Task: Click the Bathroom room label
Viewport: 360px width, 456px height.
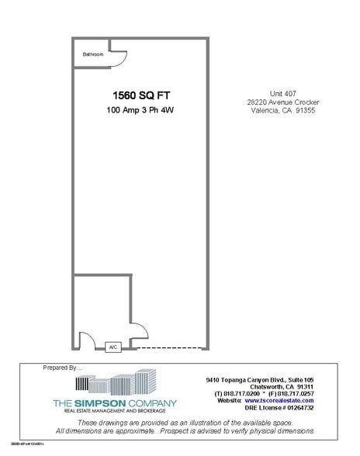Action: click(94, 54)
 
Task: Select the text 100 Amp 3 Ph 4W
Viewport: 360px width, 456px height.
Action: click(139, 112)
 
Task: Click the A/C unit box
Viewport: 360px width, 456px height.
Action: click(112, 347)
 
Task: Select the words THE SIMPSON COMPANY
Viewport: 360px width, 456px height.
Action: click(114, 403)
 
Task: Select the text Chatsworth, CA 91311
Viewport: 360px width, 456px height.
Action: click(261, 387)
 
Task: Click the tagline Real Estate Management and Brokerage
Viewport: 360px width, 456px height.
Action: click(114, 411)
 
